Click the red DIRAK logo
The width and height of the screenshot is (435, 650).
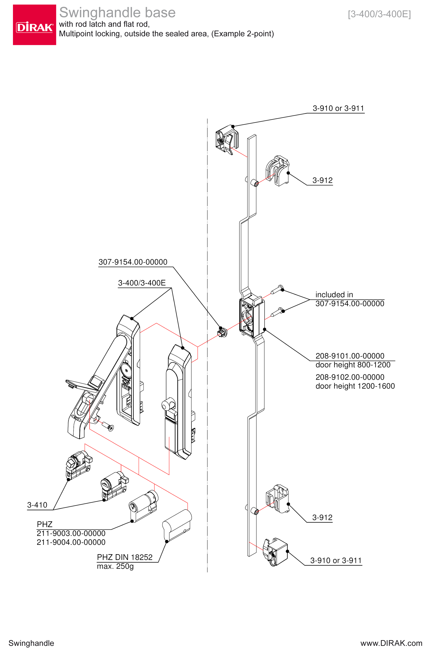[x=34, y=25]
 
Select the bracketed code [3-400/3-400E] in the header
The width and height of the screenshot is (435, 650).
[x=379, y=14]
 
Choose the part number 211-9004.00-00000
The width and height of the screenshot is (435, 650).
[x=71, y=542]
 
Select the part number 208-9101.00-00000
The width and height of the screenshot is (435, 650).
[x=350, y=356]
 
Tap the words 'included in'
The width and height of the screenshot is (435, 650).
[x=334, y=295]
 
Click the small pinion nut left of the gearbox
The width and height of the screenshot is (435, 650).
[x=223, y=332]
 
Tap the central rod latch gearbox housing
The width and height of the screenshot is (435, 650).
[x=251, y=318]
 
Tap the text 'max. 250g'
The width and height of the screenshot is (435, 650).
[x=115, y=566]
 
